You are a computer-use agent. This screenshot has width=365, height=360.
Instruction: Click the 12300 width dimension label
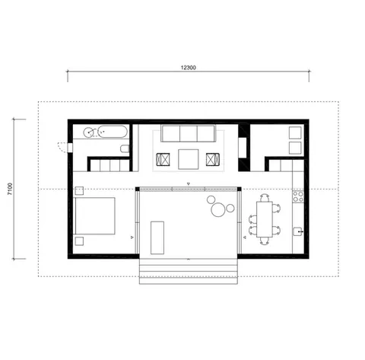[189, 67]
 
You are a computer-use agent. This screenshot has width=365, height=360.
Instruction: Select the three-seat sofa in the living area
[188, 135]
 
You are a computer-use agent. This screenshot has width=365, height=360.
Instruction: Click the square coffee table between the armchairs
[188, 158]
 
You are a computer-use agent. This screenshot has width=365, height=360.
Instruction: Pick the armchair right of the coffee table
[212, 159]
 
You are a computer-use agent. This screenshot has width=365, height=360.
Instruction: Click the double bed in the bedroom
[94, 217]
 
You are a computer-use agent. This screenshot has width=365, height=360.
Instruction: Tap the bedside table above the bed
[78, 193]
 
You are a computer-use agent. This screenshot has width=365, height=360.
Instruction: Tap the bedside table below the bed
[79, 241]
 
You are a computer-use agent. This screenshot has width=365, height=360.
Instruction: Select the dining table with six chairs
[264, 219]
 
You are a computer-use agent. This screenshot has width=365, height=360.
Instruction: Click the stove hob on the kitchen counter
[298, 199]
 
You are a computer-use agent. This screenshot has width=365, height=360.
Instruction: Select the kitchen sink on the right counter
[298, 229]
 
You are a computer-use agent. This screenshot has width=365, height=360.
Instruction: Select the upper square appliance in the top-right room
[294, 132]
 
